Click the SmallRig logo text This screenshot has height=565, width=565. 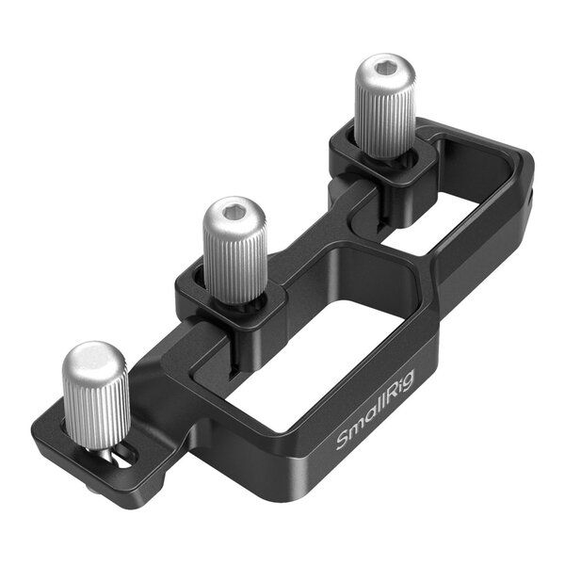374,420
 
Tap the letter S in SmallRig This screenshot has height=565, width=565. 343,441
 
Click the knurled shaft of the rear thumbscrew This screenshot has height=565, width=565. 385,118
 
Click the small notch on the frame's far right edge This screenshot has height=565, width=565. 531,197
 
